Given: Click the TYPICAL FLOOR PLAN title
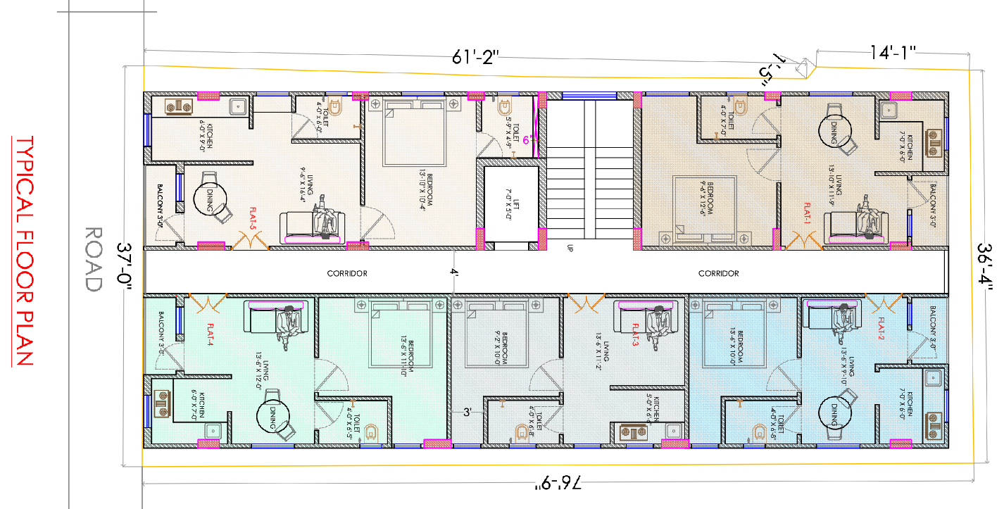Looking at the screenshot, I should point(24,251).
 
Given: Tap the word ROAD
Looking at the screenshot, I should point(93,258).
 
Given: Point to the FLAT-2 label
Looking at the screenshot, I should point(881,329).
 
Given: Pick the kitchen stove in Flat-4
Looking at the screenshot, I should point(162,405).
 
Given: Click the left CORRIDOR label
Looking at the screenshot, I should point(347,273).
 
